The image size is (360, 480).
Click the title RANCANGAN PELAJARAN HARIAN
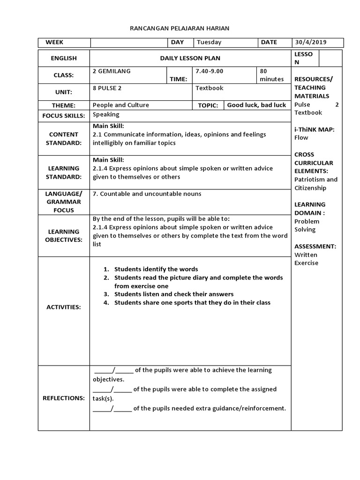pos(180,29)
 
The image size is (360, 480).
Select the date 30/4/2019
pos(311,42)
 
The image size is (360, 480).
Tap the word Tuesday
pos(209,42)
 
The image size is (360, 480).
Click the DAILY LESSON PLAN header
pos(190,58)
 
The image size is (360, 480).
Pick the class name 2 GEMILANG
pos(112,71)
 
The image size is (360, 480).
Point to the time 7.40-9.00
pos(210,71)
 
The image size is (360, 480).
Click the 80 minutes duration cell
pos(271,75)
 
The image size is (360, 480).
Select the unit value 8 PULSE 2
pos(107,88)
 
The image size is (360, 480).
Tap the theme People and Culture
pos(120,105)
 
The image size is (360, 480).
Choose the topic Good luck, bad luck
pos(256,105)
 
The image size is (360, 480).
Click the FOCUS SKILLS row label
pos(64,115)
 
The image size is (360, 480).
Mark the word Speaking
pos(106,114)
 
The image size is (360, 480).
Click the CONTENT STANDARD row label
pos(64,138)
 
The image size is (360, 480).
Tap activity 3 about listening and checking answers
pos(173,294)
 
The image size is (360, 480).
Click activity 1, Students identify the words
pos(156,269)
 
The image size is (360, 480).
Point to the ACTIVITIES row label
pos(64,307)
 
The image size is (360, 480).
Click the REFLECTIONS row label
pos(64,398)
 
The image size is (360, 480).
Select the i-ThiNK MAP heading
pos(314,129)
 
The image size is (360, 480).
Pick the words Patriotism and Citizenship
pos(315,184)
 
